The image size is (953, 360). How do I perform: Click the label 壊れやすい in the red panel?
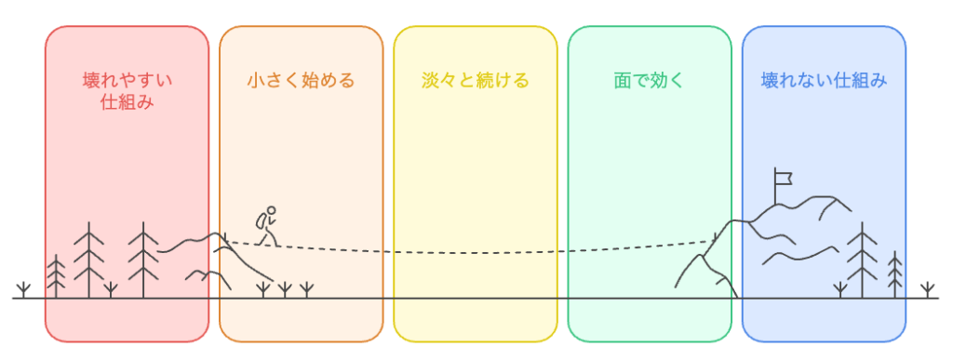pyautogui.click(x=127, y=80)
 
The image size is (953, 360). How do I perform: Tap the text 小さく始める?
pyautogui.click(x=301, y=80)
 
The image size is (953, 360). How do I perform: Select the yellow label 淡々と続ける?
pyautogui.click(x=475, y=80)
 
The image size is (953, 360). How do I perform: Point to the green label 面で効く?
pyautogui.click(x=649, y=80)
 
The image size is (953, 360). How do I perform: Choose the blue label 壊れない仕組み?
pyautogui.click(x=824, y=80)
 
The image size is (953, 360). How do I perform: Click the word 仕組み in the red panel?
pyautogui.click(x=127, y=103)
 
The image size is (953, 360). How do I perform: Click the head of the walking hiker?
pyautogui.click(x=271, y=211)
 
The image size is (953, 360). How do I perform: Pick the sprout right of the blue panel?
pyautogui.click(x=927, y=287)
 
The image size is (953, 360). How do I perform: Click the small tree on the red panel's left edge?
pyautogui.click(x=57, y=275)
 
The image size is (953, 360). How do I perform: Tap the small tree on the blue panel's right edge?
pyautogui.click(x=894, y=273)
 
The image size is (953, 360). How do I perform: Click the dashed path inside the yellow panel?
pyautogui.click(x=475, y=252)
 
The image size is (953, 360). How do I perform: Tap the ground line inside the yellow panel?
pyautogui.click(x=475, y=299)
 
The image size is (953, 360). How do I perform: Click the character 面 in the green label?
pyautogui.click(x=623, y=80)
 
